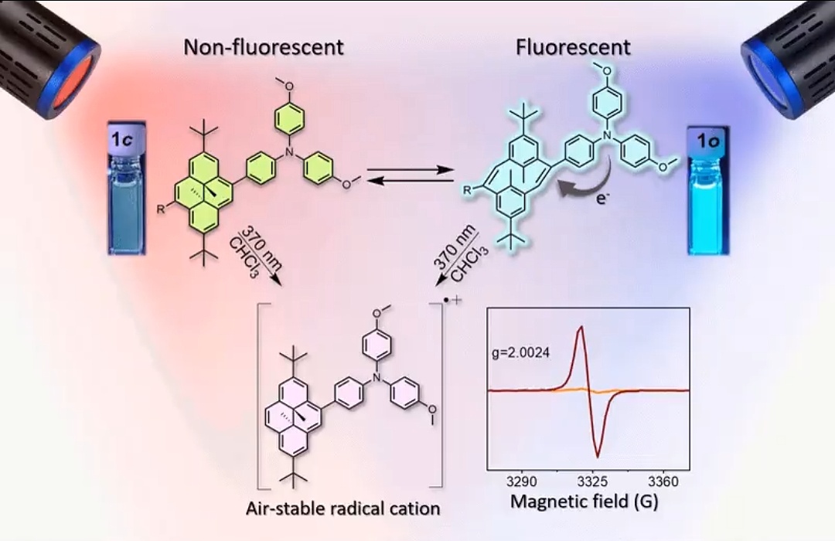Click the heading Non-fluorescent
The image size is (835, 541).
click(x=264, y=47)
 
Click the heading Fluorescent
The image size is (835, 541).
click(x=573, y=47)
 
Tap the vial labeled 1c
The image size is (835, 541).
click(x=127, y=188)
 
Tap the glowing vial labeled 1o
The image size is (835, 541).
click(x=708, y=190)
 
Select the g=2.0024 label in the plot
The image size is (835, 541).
click(x=521, y=352)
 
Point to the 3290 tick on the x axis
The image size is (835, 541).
click(x=521, y=481)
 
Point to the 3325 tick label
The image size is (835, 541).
click(x=592, y=481)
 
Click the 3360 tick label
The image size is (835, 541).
click(x=663, y=481)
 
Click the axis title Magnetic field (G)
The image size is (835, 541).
click(x=584, y=502)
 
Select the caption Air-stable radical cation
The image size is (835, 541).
click(x=343, y=509)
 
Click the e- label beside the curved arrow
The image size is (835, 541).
click(x=602, y=199)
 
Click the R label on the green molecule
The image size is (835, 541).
click(x=160, y=209)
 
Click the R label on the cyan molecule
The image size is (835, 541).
click(x=467, y=191)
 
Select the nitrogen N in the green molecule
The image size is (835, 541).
click(x=290, y=153)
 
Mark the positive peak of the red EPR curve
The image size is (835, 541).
click(x=581, y=328)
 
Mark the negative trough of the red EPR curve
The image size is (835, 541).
click(x=598, y=455)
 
